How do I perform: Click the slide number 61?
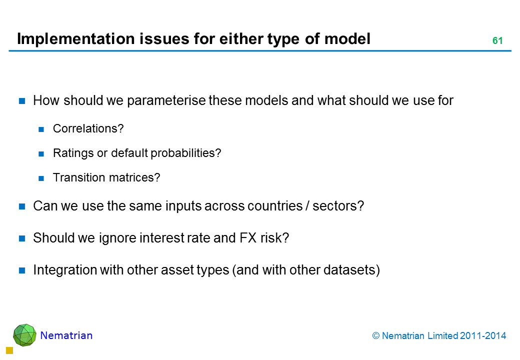(497, 41)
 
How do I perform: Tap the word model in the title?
(347, 38)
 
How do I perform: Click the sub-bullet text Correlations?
(88, 128)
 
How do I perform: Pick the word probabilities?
(185, 153)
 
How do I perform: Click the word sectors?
(338, 206)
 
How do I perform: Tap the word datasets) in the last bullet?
(351, 270)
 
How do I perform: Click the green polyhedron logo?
(24, 335)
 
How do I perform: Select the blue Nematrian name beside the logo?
(66, 335)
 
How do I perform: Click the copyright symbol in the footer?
(375, 336)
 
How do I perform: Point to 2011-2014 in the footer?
(483, 336)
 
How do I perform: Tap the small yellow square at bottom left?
(9, 350)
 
